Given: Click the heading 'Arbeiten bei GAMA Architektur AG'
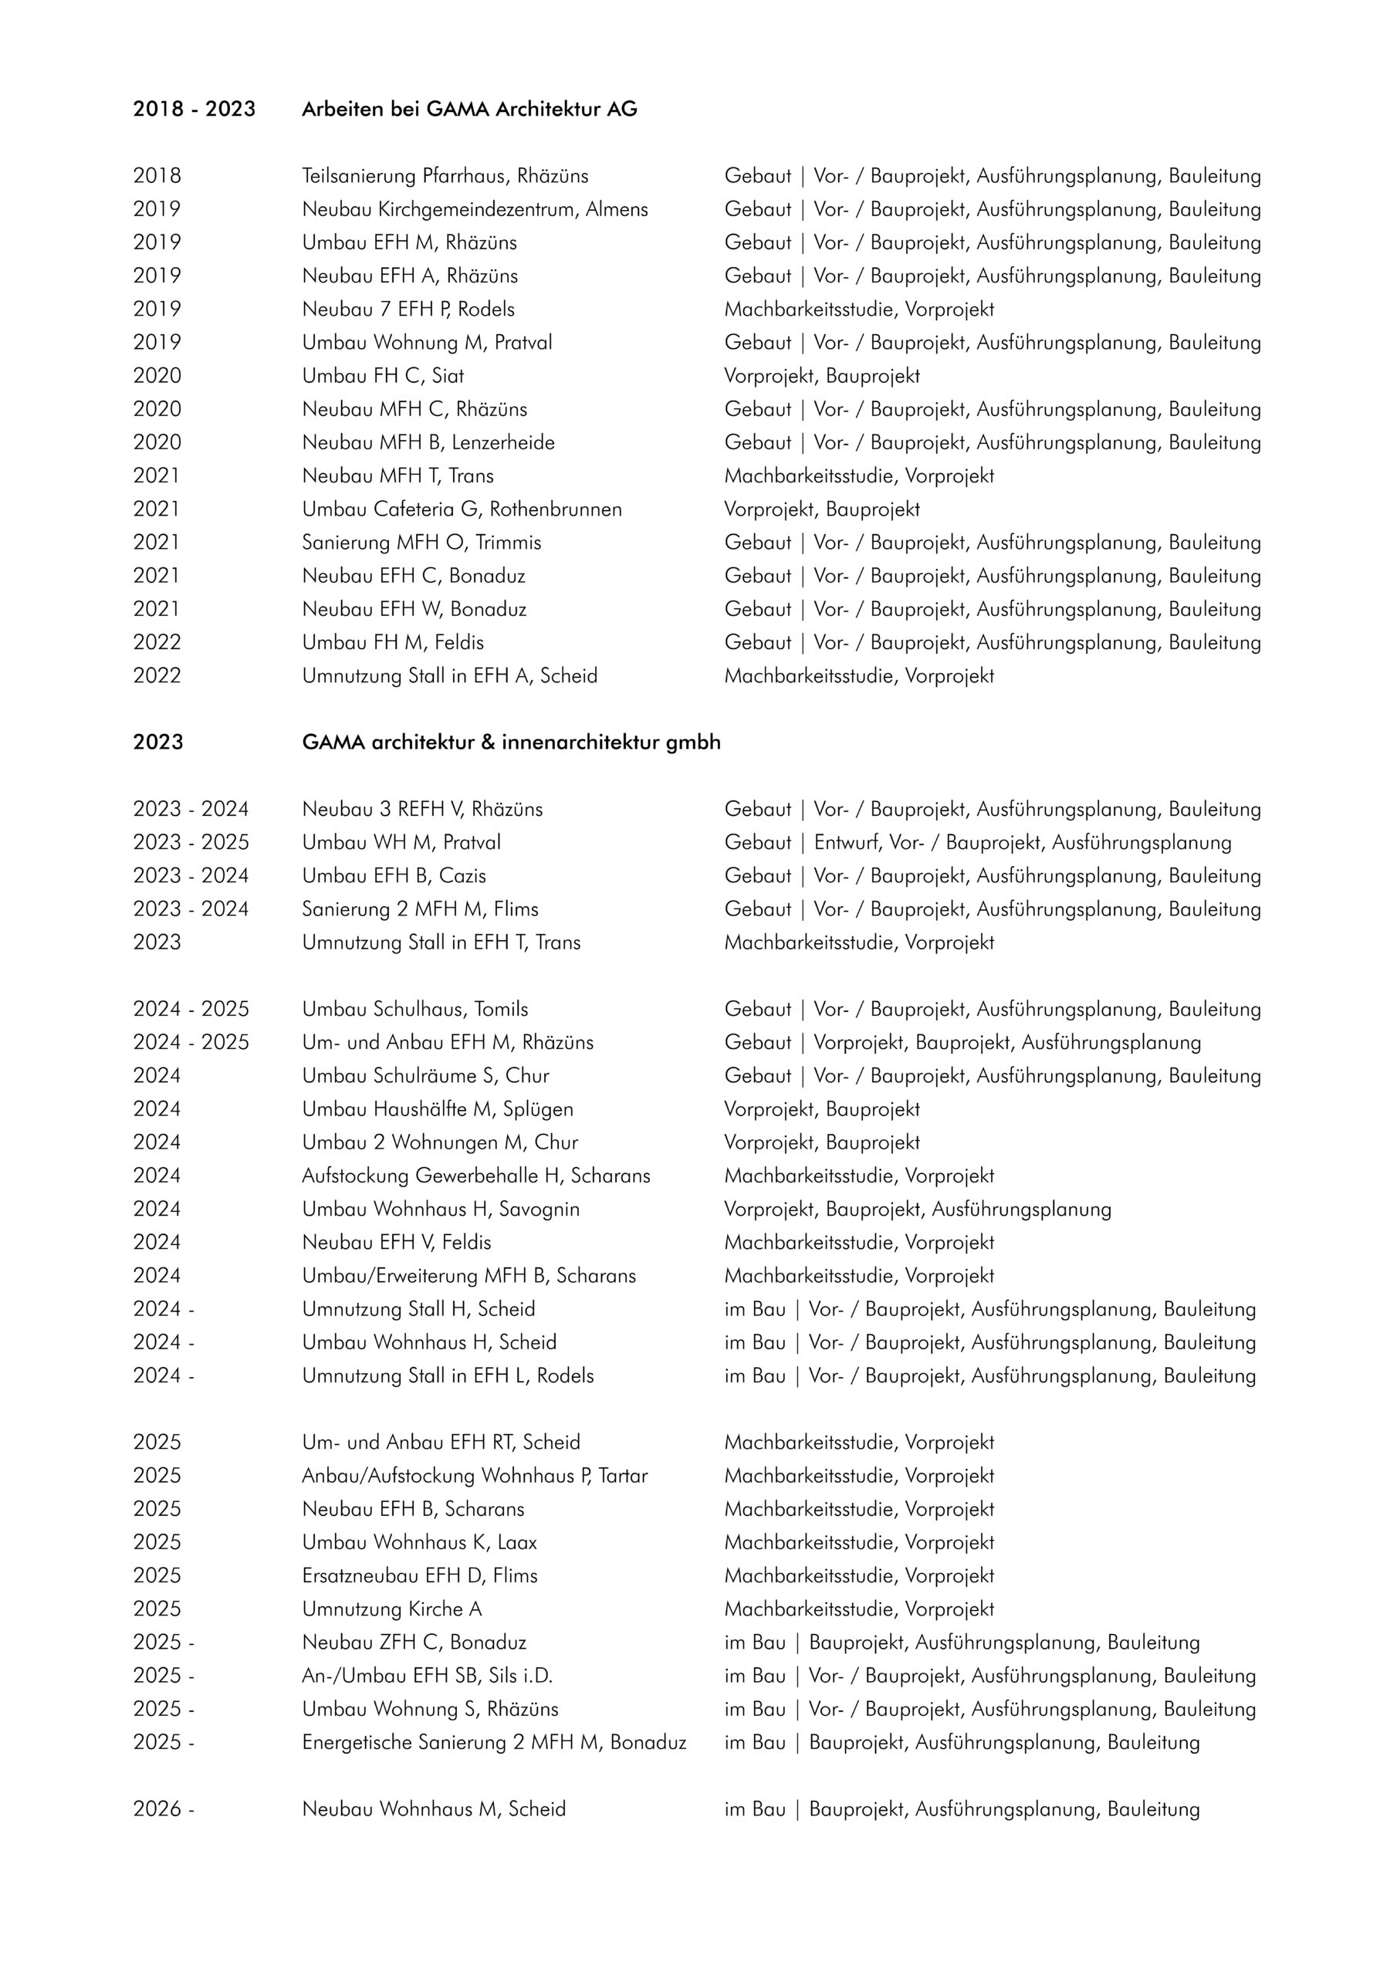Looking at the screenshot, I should [x=469, y=110].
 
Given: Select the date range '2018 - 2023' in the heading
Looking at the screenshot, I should [x=194, y=110].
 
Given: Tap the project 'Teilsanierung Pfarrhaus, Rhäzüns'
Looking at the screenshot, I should [x=445, y=177].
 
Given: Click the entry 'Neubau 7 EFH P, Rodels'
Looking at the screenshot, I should [x=408, y=310].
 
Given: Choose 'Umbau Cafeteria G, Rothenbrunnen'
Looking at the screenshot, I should [x=462, y=509].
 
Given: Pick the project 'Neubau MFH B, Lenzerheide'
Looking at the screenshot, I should [x=428, y=443].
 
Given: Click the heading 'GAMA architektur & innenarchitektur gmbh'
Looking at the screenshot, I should [x=511, y=743].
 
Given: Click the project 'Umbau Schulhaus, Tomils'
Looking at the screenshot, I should [x=415, y=1010].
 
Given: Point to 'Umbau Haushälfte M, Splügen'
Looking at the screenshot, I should [x=438, y=1109].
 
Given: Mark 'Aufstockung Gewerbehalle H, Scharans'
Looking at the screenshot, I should [x=476, y=1176].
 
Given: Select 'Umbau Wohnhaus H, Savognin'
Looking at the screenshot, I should [x=441, y=1210].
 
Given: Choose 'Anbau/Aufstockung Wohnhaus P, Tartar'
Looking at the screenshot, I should [x=474, y=1476].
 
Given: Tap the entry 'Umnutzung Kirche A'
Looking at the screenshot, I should [x=391, y=1609].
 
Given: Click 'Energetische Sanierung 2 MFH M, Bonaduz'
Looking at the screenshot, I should [x=494, y=1743].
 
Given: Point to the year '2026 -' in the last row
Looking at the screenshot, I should [x=164, y=1809].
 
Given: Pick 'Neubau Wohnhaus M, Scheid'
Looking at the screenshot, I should [x=434, y=1809].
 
